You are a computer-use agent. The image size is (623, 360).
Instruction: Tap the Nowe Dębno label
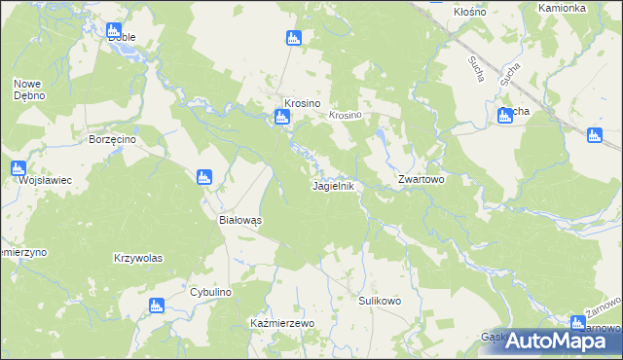[x=27, y=90]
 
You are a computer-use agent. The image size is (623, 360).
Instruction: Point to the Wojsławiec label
[x=32, y=180]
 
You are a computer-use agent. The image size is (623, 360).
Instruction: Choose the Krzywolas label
[x=137, y=258]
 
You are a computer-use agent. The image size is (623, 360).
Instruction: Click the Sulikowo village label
[x=380, y=301]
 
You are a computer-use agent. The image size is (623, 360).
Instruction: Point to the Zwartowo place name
[x=421, y=180]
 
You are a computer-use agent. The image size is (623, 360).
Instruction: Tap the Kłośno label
[x=470, y=12]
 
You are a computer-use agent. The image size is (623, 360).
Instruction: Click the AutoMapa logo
[x=564, y=340]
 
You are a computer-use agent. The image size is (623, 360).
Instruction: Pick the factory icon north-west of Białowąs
[x=204, y=177]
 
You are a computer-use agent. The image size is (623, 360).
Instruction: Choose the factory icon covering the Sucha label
[x=505, y=117]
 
